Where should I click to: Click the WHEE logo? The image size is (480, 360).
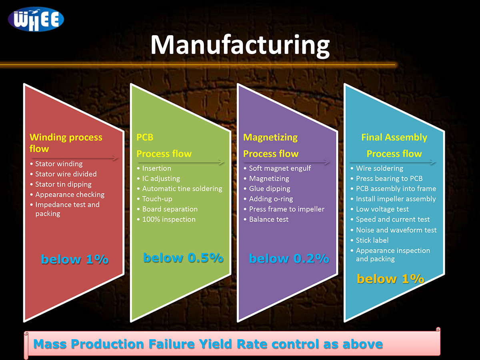[36, 19]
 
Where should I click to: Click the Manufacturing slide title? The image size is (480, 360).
[240, 45]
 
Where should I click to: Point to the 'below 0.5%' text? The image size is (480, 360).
[183, 258]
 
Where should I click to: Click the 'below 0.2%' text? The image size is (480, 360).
[289, 258]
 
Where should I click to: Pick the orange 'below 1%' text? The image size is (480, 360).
[390, 279]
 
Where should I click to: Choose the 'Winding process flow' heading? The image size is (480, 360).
[66, 143]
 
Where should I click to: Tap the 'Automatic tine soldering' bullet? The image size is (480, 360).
[180, 189]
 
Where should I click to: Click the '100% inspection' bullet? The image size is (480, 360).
[166, 219]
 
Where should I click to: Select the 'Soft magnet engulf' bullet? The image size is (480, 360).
[277, 168]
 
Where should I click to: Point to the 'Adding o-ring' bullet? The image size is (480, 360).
[268, 199]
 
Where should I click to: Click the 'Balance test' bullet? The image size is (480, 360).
[266, 219]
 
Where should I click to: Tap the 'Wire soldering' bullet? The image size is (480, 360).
[377, 168]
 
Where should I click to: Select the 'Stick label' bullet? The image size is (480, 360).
[370, 240]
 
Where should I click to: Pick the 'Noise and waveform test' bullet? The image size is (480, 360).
[394, 230]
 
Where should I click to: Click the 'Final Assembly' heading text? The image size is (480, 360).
[394, 138]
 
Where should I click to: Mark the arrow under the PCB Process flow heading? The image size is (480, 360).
[181, 162]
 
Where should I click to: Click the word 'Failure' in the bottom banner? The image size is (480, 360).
[172, 344]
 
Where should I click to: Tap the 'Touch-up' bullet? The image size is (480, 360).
[154, 199]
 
